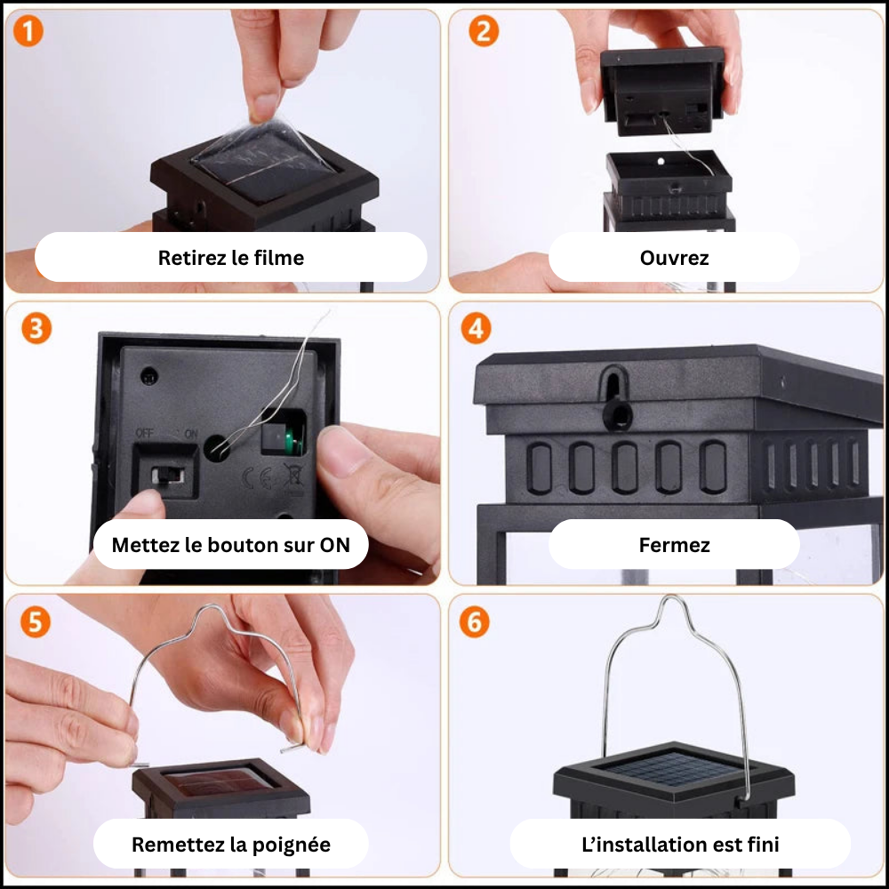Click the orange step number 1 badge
pyautogui.click(x=28, y=33)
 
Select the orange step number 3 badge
pyautogui.click(x=36, y=328)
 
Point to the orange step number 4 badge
pyautogui.click(x=477, y=328)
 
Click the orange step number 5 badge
pyautogui.click(x=35, y=621)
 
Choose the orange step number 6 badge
pyautogui.click(x=475, y=622)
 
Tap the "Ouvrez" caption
pyautogui.click(x=674, y=258)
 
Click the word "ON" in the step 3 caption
pyautogui.click(x=334, y=545)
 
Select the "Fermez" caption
pyautogui.click(x=674, y=545)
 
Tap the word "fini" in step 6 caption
pyautogui.click(x=762, y=844)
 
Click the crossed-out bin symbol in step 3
pyautogui.click(x=292, y=477)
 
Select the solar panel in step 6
pyautogui.click(x=673, y=770)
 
